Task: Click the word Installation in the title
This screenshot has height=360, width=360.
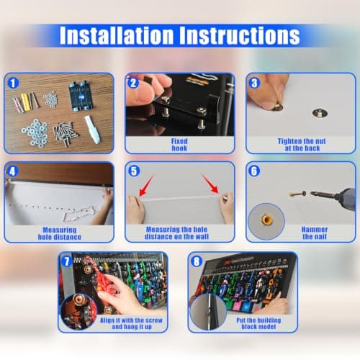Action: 117,35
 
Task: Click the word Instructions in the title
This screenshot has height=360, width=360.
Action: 240,35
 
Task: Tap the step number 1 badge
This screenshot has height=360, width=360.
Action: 13,83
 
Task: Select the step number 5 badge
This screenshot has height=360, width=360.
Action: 134,171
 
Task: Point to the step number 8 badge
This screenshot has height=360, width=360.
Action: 197,261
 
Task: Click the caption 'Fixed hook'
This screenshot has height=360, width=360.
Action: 179,145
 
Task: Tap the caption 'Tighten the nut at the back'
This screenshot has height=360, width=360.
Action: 302,145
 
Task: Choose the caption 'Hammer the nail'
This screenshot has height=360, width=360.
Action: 315,233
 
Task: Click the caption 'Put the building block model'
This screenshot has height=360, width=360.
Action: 258,323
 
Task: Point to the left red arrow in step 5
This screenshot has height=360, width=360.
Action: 146,185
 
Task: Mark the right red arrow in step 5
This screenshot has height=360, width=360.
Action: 210,184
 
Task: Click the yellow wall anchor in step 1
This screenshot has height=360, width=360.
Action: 25,102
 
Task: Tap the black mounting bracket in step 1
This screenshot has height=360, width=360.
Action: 80,96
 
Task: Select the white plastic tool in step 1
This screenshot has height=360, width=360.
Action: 92,130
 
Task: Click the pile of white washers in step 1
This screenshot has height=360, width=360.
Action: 35,132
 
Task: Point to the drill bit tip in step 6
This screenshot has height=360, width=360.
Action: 311,193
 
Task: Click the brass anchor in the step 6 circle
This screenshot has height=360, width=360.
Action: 266,219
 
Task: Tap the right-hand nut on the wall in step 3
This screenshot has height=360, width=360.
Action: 320,113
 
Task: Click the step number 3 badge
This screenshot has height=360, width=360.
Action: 254,83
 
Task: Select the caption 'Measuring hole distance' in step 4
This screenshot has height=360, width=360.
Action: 60,233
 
